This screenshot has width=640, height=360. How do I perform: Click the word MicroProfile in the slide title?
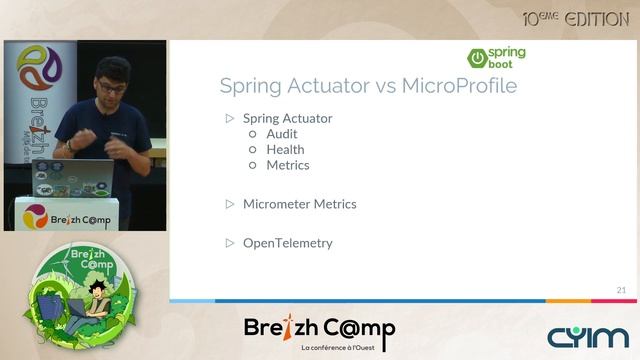(x=459, y=85)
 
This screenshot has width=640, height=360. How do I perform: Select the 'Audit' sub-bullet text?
(x=281, y=134)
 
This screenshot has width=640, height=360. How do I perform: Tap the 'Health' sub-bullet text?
(x=285, y=150)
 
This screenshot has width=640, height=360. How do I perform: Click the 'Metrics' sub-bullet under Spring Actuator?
(x=287, y=165)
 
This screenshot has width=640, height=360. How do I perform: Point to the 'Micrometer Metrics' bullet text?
(x=299, y=204)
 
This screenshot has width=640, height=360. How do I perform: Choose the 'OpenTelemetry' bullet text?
(x=287, y=243)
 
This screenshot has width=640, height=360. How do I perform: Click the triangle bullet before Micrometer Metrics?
(x=229, y=204)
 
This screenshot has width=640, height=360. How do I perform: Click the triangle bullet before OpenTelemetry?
(x=229, y=243)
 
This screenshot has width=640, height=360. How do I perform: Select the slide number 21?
(x=621, y=290)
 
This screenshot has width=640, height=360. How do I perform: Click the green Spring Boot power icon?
(x=478, y=57)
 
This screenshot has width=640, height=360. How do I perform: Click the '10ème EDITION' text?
(x=575, y=19)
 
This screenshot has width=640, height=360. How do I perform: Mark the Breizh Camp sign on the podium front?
(x=68, y=214)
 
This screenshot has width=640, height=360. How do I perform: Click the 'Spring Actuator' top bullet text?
(x=287, y=118)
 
